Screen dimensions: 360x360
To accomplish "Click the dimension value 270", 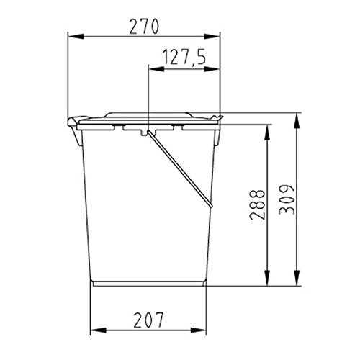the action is pyautogui.click(x=144, y=27).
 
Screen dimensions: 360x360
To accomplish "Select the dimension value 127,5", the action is pyautogui.click(x=184, y=58).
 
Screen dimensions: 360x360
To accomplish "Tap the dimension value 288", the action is pyautogui.click(x=257, y=204).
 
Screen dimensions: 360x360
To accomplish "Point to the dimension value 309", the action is pyautogui.click(x=287, y=199).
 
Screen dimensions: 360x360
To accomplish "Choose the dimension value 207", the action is pyautogui.click(x=148, y=320).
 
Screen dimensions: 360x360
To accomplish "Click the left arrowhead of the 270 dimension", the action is pyautogui.click(x=76, y=37).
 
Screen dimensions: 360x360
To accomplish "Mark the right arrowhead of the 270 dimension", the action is pyautogui.click(x=212, y=37).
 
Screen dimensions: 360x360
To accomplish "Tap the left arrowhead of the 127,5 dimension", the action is pyautogui.click(x=156, y=69).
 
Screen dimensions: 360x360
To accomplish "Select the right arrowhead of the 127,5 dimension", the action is pyautogui.click(x=212, y=69).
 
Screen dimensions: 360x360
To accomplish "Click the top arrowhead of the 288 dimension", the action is pyautogui.click(x=267, y=132).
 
